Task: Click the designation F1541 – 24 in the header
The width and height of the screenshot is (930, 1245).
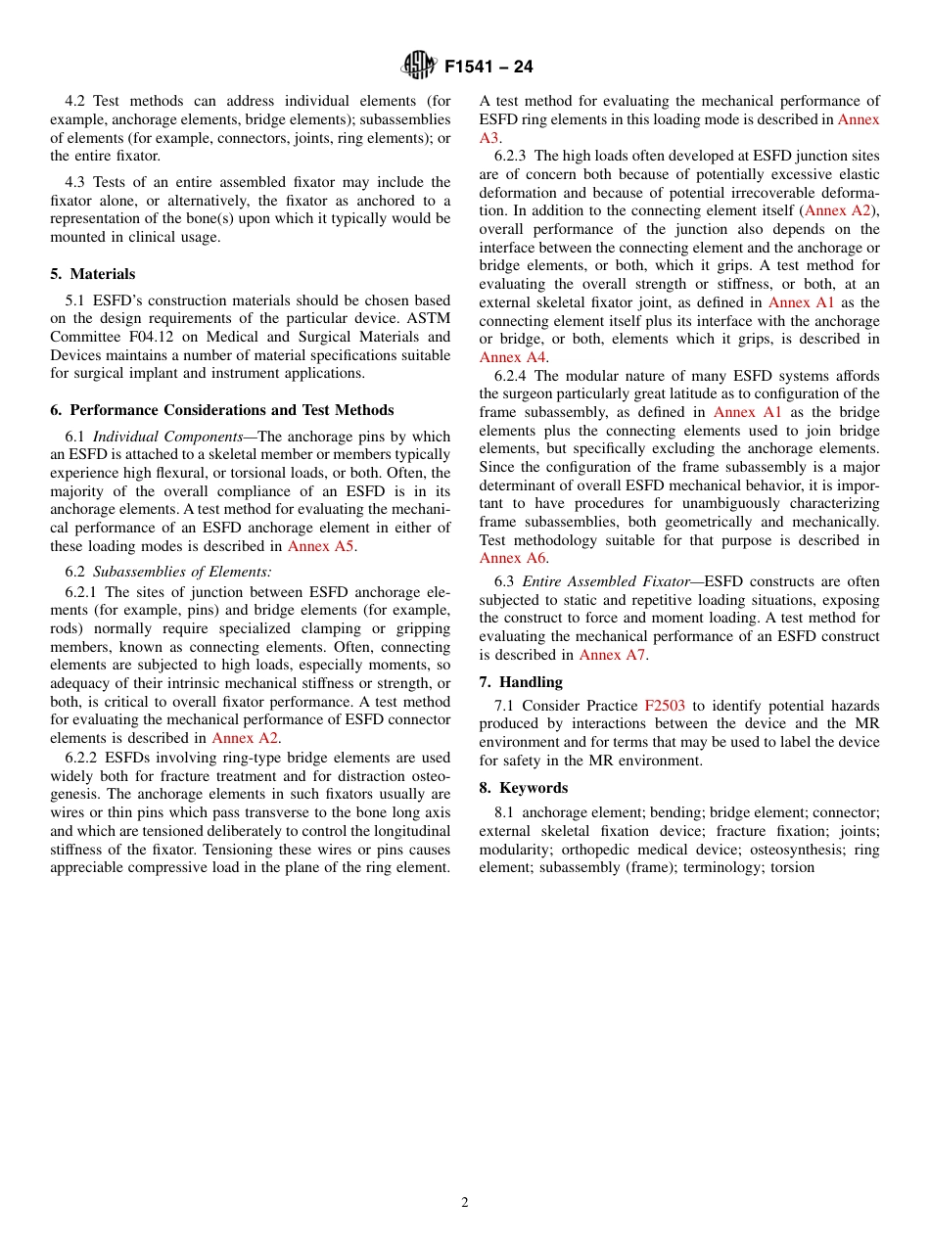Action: coord(488,68)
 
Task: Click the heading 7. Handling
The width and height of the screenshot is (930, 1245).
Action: coord(521,681)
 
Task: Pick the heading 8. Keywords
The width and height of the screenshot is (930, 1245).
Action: coord(523,787)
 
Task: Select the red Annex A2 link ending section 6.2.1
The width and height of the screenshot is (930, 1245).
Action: coord(245,738)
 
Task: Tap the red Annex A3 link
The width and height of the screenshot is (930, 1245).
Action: coord(489,137)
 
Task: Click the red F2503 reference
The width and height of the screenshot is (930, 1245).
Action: coord(665,706)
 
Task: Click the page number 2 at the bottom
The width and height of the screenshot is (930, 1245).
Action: coord(465,1203)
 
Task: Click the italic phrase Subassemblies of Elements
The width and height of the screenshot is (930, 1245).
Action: coord(182,572)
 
